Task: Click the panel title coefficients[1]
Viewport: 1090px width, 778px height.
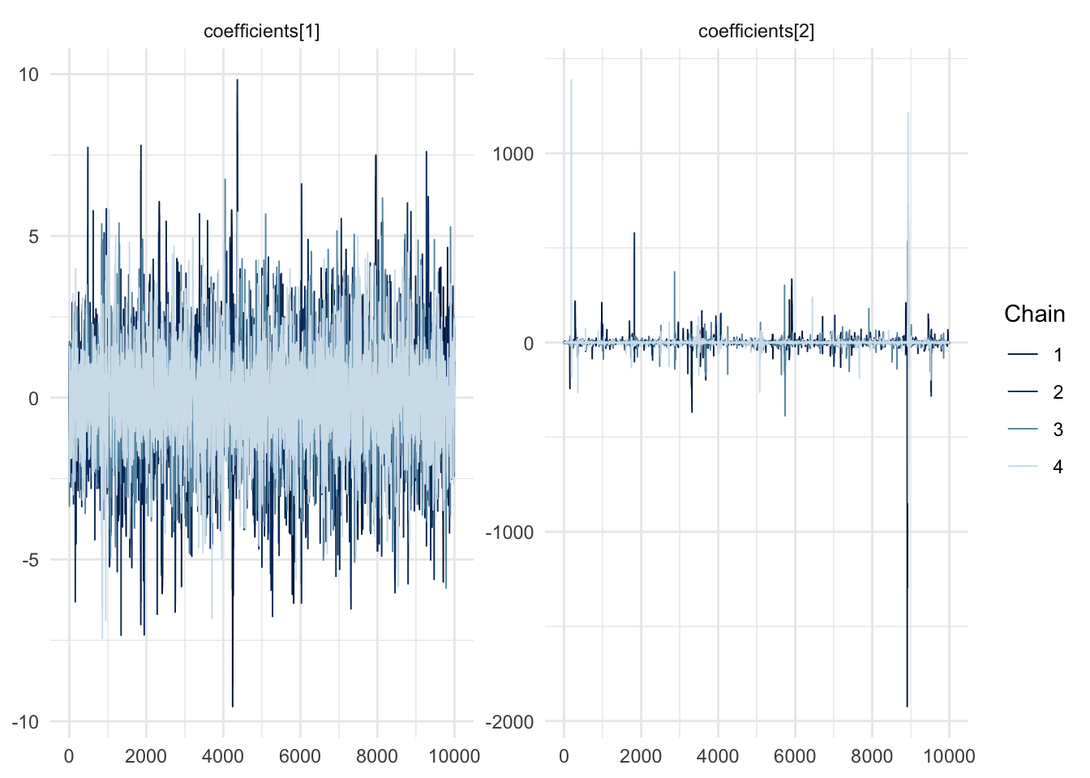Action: [x=261, y=32]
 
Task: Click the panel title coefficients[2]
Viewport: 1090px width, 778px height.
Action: [x=756, y=32]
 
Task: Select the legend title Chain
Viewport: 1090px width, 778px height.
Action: [x=1034, y=314]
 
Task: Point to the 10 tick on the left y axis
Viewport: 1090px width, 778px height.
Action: [x=28, y=75]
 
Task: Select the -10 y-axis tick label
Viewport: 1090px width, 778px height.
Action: [x=25, y=722]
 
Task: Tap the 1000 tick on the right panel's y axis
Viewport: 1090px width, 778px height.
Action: [x=513, y=154]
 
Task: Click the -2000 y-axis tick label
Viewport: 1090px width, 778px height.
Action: [x=510, y=722]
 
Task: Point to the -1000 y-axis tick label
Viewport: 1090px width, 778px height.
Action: [x=510, y=532]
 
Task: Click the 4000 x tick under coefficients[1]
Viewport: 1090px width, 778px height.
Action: [x=223, y=757]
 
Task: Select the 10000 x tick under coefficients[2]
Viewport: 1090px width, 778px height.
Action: [x=949, y=757]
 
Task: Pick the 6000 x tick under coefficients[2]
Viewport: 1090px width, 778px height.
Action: [x=795, y=757]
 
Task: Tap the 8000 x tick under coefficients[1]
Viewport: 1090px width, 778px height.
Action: [x=377, y=757]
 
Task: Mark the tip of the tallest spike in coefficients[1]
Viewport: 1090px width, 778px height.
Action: [x=237, y=79]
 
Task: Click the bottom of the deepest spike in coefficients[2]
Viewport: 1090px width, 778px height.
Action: [x=908, y=707]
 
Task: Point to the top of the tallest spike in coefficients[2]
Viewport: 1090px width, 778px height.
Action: [x=571, y=79]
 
